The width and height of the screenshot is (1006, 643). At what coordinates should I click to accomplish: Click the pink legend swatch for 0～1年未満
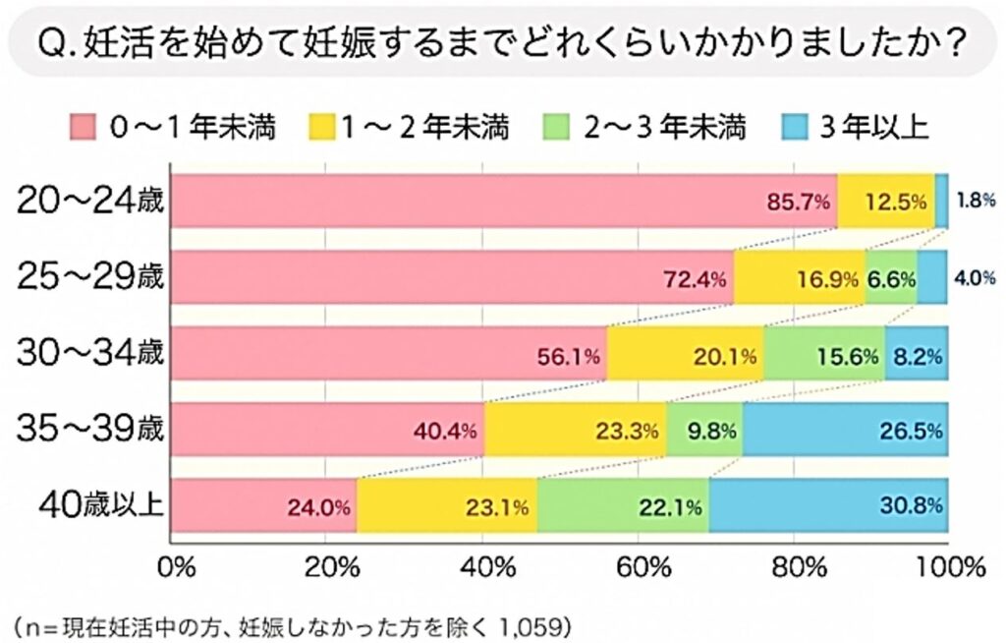(85, 128)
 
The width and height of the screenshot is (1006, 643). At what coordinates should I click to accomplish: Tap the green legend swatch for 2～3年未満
(557, 128)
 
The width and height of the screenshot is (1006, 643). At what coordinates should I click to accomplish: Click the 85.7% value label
(798, 204)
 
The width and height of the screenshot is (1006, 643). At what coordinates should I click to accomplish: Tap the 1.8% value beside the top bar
(975, 202)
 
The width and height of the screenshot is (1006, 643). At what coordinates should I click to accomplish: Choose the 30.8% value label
(913, 507)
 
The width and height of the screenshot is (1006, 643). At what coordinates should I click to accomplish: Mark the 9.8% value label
(705, 431)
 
